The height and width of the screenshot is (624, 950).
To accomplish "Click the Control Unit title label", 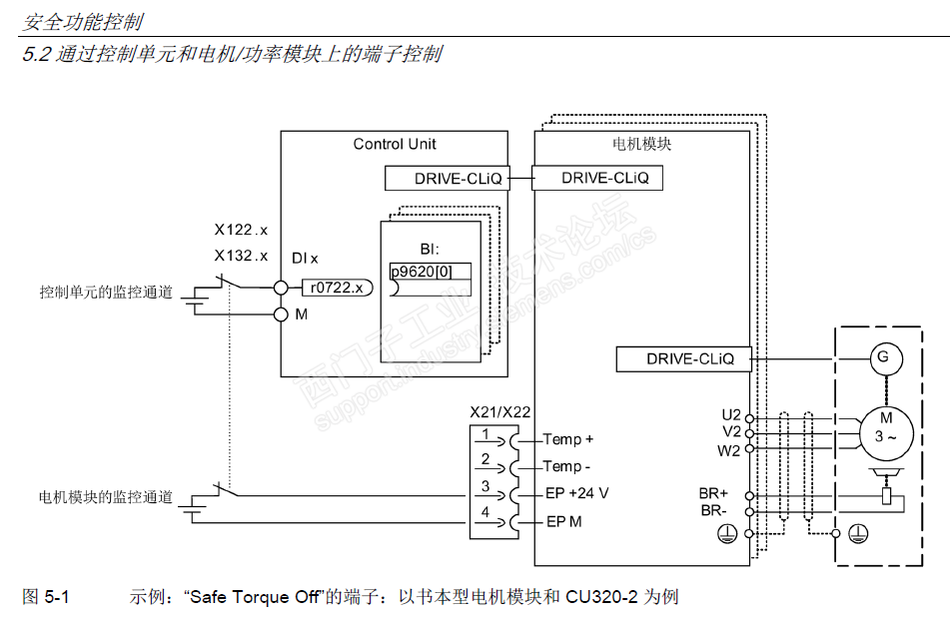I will (x=395, y=144).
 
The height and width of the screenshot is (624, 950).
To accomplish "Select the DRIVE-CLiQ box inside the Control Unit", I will (x=447, y=179).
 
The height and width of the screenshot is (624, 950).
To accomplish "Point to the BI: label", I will (x=430, y=250).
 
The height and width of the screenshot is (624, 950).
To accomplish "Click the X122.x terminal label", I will (x=241, y=230).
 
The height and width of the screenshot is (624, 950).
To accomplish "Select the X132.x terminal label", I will (x=241, y=256).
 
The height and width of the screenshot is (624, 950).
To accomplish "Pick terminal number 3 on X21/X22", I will (x=485, y=486).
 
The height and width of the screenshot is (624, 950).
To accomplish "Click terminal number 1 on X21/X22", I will (x=485, y=434).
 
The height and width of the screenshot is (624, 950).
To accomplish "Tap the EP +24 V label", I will (x=577, y=494).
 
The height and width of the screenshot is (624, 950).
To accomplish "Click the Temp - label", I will (x=567, y=466).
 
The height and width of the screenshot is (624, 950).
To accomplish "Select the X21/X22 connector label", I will (x=499, y=411).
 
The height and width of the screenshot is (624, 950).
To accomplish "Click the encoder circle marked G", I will (x=882, y=356).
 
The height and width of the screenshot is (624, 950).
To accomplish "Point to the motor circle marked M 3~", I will (x=884, y=426).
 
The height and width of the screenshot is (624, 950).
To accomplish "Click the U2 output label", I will (x=730, y=413).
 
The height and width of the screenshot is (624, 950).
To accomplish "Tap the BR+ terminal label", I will (x=715, y=493).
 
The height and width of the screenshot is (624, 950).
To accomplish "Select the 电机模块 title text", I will (x=641, y=144).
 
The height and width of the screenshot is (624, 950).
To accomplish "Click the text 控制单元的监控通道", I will (x=106, y=293).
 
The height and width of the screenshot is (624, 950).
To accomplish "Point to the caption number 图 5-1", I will (x=46, y=598).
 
